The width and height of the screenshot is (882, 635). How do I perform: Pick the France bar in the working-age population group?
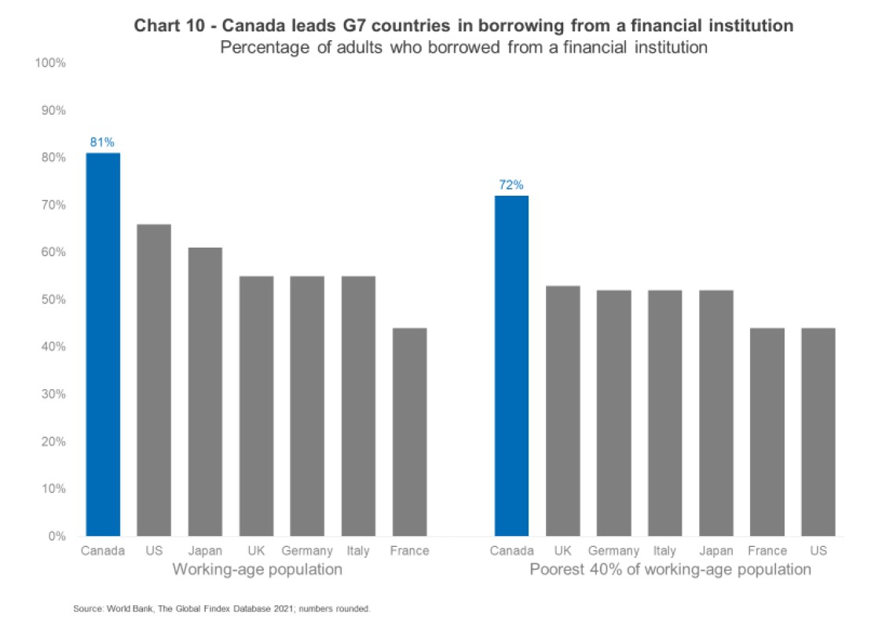(409, 431)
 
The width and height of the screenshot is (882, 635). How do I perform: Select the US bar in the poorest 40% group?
(818, 431)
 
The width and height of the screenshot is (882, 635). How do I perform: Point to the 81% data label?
(103, 142)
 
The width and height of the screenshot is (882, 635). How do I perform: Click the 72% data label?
(511, 185)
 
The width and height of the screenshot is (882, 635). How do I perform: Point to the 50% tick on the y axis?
(52, 299)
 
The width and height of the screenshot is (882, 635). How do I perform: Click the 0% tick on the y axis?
(55, 536)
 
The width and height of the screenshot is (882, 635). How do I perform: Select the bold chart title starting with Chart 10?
(463, 26)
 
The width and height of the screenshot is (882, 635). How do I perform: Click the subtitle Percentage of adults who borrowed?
(464, 47)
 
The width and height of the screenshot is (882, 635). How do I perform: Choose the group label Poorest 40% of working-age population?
(670, 570)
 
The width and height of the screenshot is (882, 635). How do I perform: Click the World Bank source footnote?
(222, 608)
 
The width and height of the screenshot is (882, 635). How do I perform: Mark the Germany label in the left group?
(307, 551)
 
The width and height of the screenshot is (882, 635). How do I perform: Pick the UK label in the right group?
(562, 551)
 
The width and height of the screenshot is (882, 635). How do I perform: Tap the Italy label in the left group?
(358, 551)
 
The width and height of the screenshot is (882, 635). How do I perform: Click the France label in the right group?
(767, 551)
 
